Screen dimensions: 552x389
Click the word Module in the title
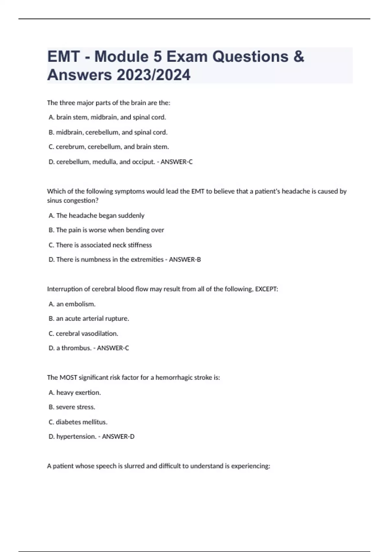click(121, 56)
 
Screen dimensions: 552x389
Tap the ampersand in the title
click(299, 56)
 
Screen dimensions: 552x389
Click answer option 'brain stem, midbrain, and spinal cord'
click(111, 117)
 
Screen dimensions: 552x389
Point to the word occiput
click(143, 162)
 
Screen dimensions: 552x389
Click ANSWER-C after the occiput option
click(176, 162)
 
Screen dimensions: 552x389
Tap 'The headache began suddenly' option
click(100, 216)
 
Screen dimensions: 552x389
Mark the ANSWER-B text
click(185, 259)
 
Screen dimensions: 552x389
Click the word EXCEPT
click(266, 289)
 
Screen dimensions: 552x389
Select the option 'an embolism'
click(76, 304)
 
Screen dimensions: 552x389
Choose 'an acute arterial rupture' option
click(92, 319)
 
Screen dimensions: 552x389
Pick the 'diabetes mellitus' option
click(81, 422)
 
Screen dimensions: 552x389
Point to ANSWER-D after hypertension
click(118, 436)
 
